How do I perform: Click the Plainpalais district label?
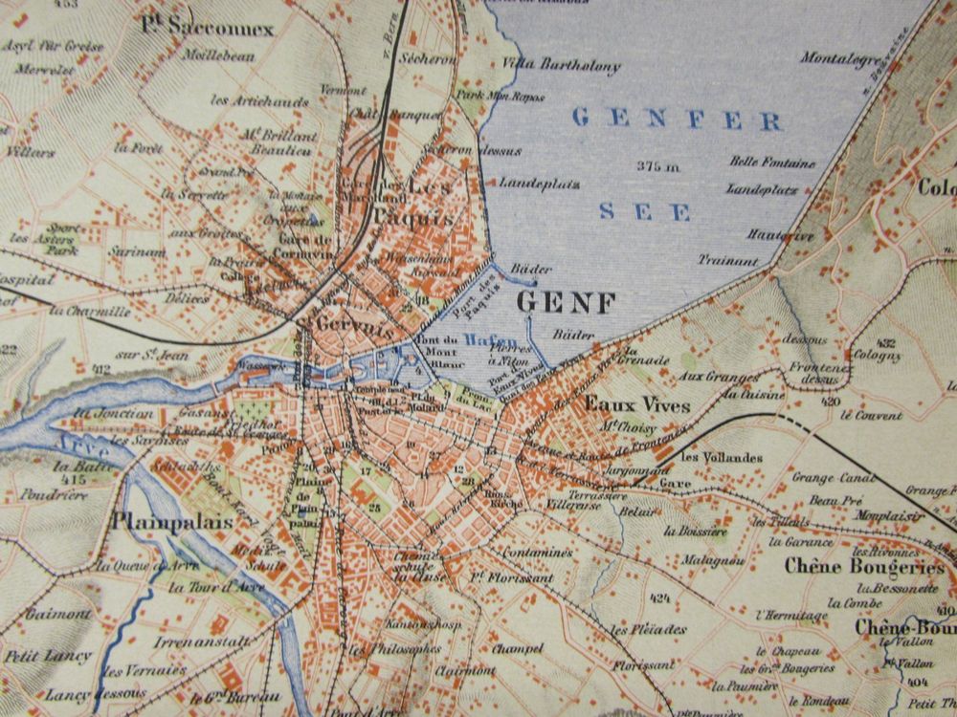point(163,522)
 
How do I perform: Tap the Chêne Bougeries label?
point(863,566)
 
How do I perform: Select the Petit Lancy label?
point(48,657)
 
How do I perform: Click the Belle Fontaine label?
point(772,163)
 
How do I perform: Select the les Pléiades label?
point(648,630)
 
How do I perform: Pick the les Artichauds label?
point(247,99)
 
